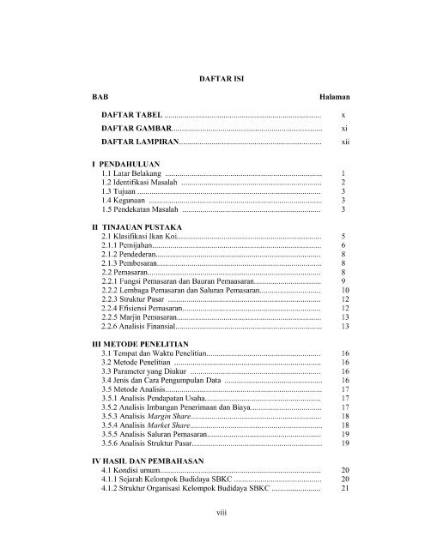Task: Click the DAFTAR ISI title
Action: (212, 78)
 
